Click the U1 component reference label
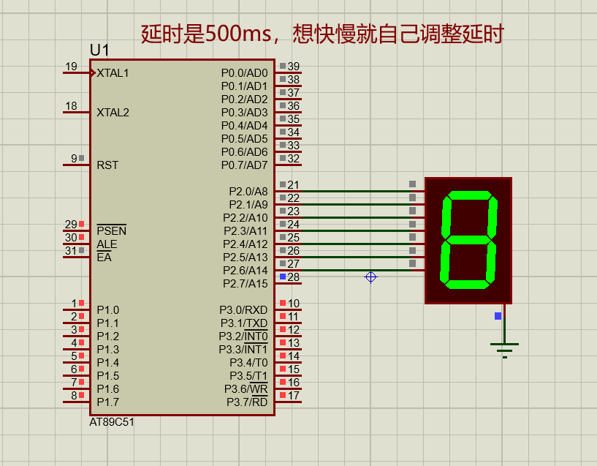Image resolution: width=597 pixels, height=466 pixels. pyautogui.click(x=99, y=50)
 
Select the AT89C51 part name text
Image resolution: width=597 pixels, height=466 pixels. pyautogui.click(x=112, y=422)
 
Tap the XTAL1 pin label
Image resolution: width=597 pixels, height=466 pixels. pyautogui.click(x=113, y=73)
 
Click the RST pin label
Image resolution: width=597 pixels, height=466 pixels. pyautogui.click(x=107, y=165)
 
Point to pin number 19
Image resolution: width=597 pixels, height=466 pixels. pyautogui.click(x=71, y=67)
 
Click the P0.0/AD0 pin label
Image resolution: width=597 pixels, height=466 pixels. pyautogui.click(x=244, y=73)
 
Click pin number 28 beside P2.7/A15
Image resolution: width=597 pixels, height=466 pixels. pyautogui.click(x=293, y=277)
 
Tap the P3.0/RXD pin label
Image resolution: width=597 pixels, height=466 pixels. pyautogui.click(x=243, y=310)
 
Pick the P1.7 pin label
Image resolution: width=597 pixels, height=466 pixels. pyautogui.click(x=107, y=402)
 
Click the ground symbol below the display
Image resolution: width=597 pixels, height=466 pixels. pyautogui.click(x=504, y=348)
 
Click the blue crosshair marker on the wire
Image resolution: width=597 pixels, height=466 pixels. pyautogui.click(x=370, y=277)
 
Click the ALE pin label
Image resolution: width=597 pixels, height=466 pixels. pyautogui.click(x=107, y=244)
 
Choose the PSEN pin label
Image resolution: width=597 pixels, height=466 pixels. pyautogui.click(x=111, y=231)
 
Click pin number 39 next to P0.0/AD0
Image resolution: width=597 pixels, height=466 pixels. pyautogui.click(x=293, y=67)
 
